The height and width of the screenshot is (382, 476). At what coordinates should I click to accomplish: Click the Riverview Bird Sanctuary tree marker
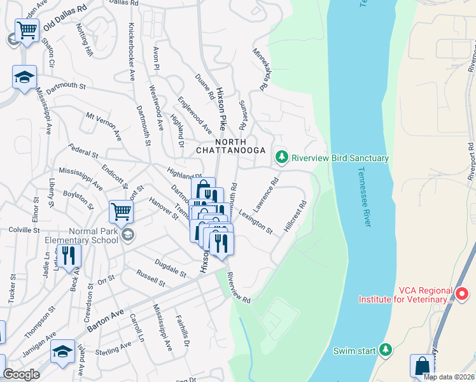(281, 157)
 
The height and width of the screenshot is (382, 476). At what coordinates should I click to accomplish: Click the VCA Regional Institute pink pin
(463, 294)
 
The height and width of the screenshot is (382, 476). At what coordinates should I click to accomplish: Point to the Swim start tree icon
(384, 350)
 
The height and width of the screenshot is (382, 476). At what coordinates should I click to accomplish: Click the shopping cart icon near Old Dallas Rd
(27, 30)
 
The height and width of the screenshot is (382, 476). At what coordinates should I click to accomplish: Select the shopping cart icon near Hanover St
(120, 210)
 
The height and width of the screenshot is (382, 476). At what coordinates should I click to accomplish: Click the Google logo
(21, 374)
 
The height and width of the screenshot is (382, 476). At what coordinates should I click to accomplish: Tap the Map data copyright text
(449, 377)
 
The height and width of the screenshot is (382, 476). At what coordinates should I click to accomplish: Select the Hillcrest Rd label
(297, 218)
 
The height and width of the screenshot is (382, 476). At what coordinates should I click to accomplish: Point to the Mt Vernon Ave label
(104, 125)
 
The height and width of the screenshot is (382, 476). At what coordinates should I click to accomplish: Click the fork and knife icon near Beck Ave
(69, 255)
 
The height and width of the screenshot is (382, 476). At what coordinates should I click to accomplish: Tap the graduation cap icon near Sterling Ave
(62, 351)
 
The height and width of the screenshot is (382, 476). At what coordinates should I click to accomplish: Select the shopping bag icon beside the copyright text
(421, 365)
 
